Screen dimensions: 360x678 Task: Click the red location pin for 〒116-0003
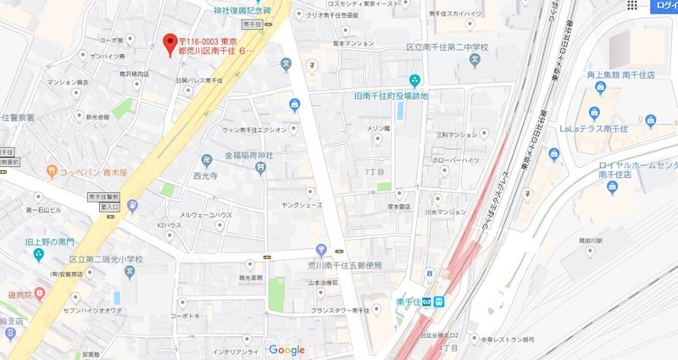pos(169,42)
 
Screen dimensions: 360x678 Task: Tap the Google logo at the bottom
pos(286,350)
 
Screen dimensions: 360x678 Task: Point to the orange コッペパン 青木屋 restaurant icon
pos(53,170)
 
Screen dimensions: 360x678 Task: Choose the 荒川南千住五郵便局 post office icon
pos(321,250)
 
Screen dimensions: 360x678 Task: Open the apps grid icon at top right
pos(631,6)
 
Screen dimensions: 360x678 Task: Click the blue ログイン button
pos(665,7)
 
